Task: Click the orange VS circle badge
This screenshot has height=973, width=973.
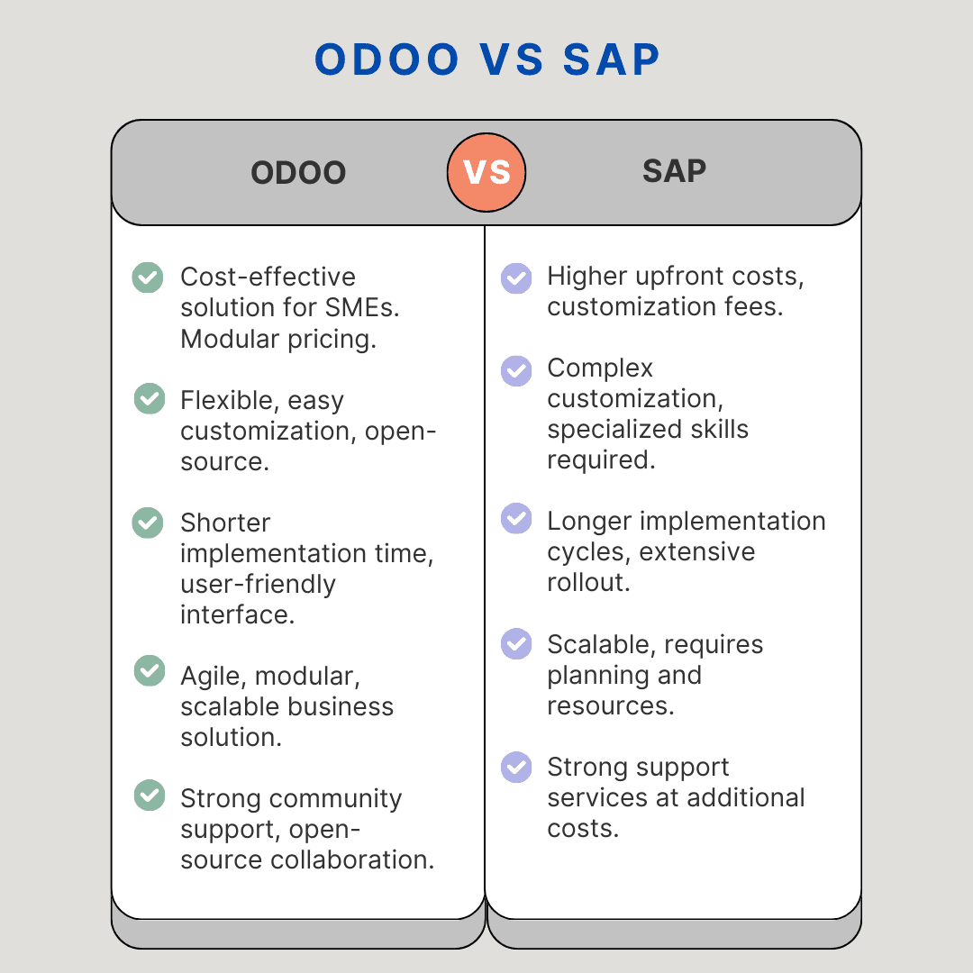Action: (486, 172)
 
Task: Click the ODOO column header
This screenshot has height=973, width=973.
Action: (298, 173)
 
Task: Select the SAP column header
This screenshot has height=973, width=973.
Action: (674, 171)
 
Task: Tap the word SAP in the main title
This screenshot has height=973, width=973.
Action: (612, 59)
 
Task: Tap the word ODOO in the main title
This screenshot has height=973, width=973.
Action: (387, 59)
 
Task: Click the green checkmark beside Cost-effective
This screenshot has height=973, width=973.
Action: (148, 277)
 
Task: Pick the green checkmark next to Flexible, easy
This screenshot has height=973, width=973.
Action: (150, 399)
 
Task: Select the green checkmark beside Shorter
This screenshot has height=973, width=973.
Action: (148, 523)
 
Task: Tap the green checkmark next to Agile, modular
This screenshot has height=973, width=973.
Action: (150, 671)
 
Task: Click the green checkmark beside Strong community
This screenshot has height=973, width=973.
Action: (150, 795)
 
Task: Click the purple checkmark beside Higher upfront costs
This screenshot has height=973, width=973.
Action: (516, 277)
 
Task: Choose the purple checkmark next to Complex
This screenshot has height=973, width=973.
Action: (516, 370)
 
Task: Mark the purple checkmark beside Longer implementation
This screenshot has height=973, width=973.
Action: (516, 518)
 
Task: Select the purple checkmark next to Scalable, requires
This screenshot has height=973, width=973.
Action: (516, 643)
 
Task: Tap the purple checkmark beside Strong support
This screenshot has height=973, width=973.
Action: (516, 767)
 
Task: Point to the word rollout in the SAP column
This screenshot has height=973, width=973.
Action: (587, 582)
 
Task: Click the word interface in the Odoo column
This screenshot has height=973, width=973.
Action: (237, 614)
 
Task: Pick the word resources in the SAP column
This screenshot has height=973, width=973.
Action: (609, 705)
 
